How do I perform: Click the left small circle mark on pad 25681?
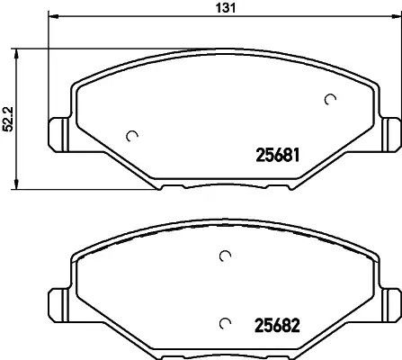click(x=133, y=137)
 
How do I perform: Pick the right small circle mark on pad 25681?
click(x=330, y=99)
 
